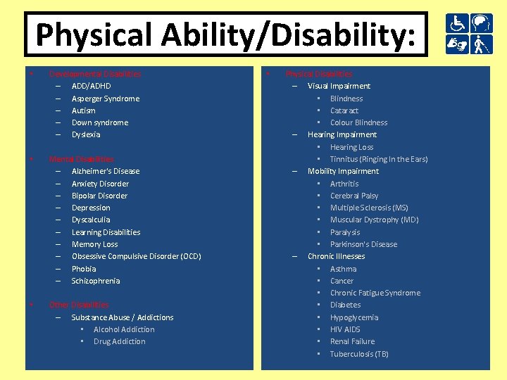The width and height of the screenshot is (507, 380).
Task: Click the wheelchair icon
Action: (x=456, y=23)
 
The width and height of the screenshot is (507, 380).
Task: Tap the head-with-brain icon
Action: (x=481, y=23)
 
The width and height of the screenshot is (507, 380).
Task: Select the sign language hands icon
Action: (x=456, y=45)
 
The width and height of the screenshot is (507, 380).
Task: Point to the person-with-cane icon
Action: (x=481, y=45)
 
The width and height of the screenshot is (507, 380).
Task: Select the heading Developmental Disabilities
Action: (x=95, y=74)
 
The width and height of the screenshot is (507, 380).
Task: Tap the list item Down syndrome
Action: (x=100, y=122)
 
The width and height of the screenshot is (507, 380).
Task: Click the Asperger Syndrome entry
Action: (x=106, y=99)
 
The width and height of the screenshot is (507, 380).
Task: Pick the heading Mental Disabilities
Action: (x=82, y=159)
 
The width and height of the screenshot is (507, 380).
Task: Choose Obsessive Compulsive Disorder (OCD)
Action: (x=137, y=256)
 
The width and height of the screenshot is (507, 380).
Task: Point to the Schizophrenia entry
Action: (x=96, y=281)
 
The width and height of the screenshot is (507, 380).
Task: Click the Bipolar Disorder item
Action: (x=99, y=196)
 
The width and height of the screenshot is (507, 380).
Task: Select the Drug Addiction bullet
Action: (x=120, y=341)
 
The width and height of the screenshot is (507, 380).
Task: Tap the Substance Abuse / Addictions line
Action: (x=123, y=317)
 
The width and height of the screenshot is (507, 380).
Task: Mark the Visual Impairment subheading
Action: (x=339, y=86)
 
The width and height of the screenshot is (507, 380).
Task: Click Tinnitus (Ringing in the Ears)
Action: (x=379, y=159)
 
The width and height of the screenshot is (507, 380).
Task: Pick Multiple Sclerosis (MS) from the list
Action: (x=369, y=208)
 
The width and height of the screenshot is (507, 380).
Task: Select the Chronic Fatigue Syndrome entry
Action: (x=375, y=293)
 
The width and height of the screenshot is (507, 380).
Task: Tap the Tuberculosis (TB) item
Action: (x=359, y=354)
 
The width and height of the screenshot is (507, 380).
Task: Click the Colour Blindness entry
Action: (x=358, y=122)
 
